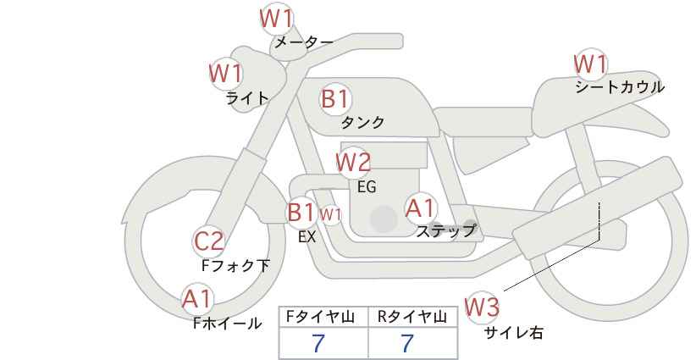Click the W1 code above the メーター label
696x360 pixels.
click(x=276, y=17)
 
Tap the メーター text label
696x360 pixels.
click(x=303, y=42)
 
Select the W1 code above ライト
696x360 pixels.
click(x=225, y=73)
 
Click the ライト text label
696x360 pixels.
click(x=247, y=97)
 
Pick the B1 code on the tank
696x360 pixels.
click(x=335, y=99)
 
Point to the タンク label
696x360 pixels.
click(x=362, y=123)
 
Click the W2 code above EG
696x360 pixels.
click(x=353, y=161)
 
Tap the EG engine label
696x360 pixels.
click(x=367, y=186)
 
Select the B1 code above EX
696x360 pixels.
click(x=301, y=212)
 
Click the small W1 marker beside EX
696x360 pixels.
click(x=330, y=214)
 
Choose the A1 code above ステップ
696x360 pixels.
click(x=420, y=208)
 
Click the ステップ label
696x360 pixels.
click(x=446, y=230)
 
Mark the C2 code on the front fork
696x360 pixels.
click(x=208, y=241)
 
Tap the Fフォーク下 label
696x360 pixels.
click(x=235, y=266)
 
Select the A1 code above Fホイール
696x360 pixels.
click(x=197, y=298)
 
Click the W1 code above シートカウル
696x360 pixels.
click(x=590, y=64)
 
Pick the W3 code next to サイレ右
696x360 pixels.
click(x=483, y=307)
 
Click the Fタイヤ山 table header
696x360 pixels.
click(x=323, y=317)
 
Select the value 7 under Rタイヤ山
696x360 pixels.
click(x=407, y=343)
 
